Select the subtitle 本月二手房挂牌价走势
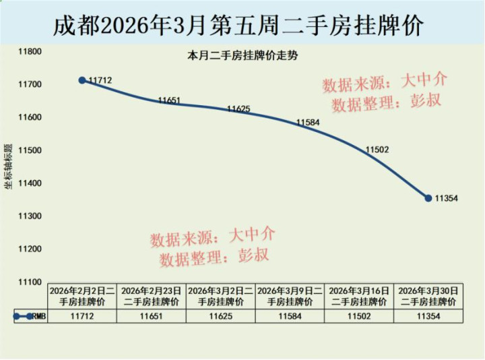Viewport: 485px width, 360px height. tap(242, 57)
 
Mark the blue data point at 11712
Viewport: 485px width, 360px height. tap(82, 80)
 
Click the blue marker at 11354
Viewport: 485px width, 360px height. tap(428, 198)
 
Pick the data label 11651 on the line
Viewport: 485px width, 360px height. tap(170, 100)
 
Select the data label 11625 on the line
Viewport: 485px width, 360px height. tap(238, 109)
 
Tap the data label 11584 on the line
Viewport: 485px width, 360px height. tap(308, 123)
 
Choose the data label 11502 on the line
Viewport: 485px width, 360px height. tap(377, 150)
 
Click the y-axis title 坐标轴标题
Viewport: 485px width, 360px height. tap(8, 165)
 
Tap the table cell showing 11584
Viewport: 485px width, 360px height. tap(290, 316)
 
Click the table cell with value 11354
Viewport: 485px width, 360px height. tap(428, 316)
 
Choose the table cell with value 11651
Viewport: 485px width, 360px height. tap(152, 316)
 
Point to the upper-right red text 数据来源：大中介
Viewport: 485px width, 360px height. tap(385, 83)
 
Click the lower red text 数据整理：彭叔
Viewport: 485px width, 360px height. tap(214, 257)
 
